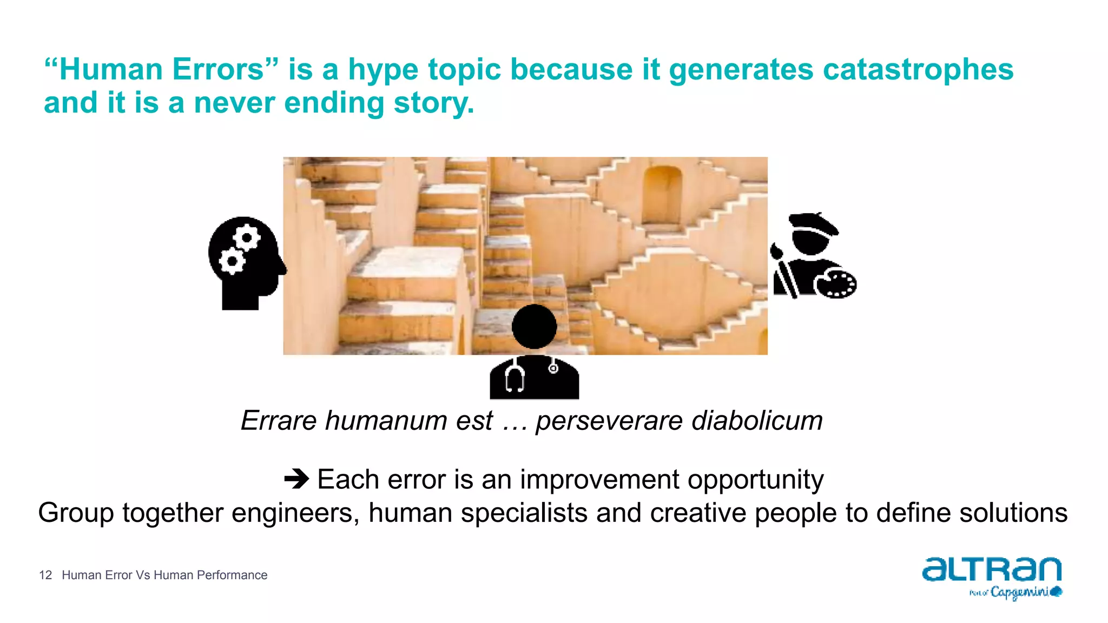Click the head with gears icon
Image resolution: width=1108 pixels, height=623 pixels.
[246, 262]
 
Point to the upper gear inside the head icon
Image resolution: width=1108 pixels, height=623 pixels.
[247, 237]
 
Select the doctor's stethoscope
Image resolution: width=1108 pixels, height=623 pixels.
[515, 377]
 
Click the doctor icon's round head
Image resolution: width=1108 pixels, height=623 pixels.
[534, 326]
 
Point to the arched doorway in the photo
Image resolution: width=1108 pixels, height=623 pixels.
[663, 195]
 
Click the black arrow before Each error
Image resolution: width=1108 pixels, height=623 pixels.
[296, 479]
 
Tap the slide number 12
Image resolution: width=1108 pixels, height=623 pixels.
[45, 575]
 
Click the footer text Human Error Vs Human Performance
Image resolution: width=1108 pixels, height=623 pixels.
[164, 575]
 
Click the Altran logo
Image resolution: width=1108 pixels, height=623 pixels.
[992, 569]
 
